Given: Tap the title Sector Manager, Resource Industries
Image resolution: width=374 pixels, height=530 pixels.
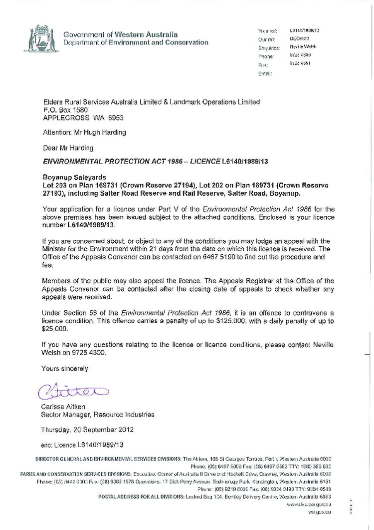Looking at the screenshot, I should pyautogui.click(x=97, y=414).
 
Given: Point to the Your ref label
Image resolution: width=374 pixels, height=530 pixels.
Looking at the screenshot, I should pyautogui.click(x=263, y=31).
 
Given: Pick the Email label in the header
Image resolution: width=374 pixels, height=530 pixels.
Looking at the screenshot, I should pyautogui.click(x=264, y=73).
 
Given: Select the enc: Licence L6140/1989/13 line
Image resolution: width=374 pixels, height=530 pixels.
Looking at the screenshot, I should pyautogui.click(x=82, y=444).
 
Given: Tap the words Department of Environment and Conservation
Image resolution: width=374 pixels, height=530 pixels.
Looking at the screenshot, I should pyautogui.click(x=136, y=43).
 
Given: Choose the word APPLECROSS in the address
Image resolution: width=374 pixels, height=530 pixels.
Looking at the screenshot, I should pyautogui.click(x=62, y=118).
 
